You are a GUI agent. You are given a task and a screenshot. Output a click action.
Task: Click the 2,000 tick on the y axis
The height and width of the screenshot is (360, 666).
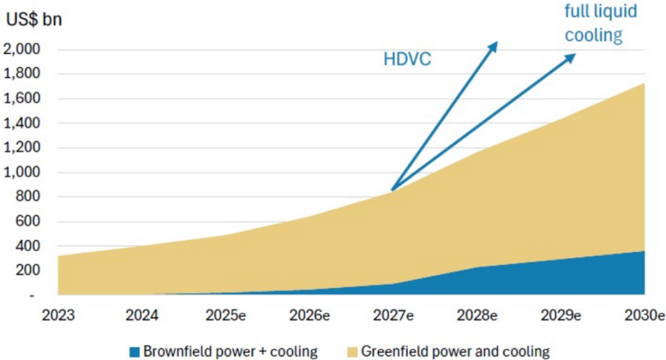(22, 49)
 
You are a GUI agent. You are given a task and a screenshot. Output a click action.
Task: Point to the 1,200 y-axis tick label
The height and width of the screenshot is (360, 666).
(22, 148)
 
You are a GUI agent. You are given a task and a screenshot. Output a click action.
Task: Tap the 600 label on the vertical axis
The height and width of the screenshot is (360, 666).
(29, 221)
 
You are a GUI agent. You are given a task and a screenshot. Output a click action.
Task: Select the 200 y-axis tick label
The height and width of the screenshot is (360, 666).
(29, 271)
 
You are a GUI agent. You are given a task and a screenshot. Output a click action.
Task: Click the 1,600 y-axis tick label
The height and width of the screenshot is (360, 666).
(22, 98)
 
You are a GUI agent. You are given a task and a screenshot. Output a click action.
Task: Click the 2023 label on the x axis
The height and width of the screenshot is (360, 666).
(59, 314)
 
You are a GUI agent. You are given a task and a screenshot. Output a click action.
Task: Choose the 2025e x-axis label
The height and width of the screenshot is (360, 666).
(227, 314)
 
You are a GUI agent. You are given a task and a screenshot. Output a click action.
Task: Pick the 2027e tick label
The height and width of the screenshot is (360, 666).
(393, 314)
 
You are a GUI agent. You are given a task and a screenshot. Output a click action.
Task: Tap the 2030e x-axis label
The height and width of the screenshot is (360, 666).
(644, 314)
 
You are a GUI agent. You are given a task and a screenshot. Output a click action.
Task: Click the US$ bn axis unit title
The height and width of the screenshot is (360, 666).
(34, 19)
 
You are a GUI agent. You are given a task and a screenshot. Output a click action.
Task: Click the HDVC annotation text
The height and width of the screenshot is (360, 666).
(407, 59)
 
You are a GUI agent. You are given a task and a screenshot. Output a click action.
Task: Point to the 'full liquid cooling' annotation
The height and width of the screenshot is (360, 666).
(601, 24)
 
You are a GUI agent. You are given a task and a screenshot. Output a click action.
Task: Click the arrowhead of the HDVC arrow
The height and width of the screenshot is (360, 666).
(495, 44)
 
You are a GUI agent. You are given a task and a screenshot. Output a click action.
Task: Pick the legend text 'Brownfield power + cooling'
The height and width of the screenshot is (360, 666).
(229, 350)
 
